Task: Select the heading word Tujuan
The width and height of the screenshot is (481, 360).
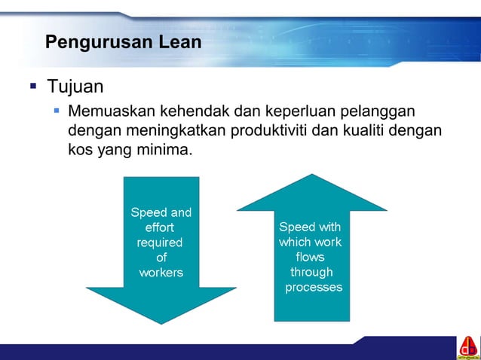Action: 75,85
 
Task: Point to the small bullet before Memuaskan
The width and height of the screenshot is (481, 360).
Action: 57,111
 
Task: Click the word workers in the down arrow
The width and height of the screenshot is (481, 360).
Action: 161,273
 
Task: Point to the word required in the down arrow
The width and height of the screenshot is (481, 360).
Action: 159,243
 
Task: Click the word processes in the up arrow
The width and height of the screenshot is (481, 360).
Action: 314,288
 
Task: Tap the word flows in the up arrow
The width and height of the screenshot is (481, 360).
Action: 311,258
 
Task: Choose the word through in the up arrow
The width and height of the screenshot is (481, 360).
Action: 311,273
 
